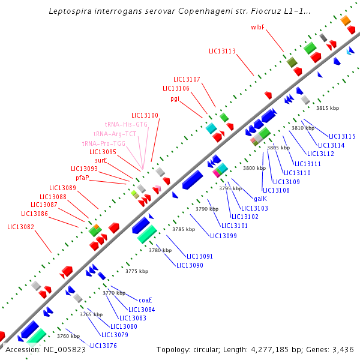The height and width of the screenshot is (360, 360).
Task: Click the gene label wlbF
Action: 258,27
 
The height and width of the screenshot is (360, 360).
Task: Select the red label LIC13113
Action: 222,52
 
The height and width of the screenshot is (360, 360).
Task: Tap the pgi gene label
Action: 175,98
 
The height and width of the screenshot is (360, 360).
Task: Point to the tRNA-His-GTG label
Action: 126,124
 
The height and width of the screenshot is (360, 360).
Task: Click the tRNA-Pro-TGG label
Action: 104,143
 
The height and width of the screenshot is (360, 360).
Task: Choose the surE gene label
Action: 101,161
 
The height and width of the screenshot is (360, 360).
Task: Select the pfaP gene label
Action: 82,178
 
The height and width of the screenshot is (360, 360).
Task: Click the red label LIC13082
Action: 21,227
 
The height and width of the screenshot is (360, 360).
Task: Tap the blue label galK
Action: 260,199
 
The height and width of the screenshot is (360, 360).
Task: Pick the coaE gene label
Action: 145,300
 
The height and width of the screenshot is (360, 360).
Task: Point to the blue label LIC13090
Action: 190,265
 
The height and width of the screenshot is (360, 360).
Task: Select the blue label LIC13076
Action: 103,346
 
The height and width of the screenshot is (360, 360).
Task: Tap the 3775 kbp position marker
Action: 137,272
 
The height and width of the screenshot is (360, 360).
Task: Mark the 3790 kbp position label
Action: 207,209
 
